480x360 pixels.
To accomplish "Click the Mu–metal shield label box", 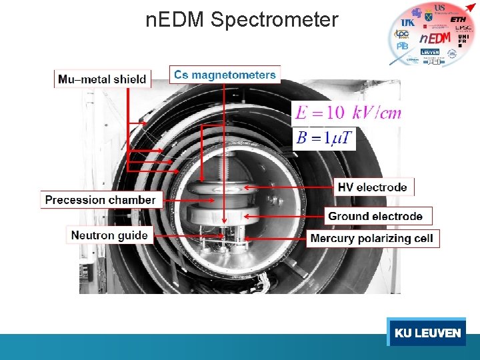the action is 102,79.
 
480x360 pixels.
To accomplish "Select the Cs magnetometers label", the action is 225,75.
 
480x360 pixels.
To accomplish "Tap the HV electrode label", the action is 372,187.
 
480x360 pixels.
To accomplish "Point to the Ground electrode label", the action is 375,216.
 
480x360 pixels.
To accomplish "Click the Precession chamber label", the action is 100,199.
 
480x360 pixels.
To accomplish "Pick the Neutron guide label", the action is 109,235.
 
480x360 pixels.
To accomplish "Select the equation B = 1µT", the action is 325,139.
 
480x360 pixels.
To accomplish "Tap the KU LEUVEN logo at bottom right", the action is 427,332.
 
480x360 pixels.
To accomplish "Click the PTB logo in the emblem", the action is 403,47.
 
